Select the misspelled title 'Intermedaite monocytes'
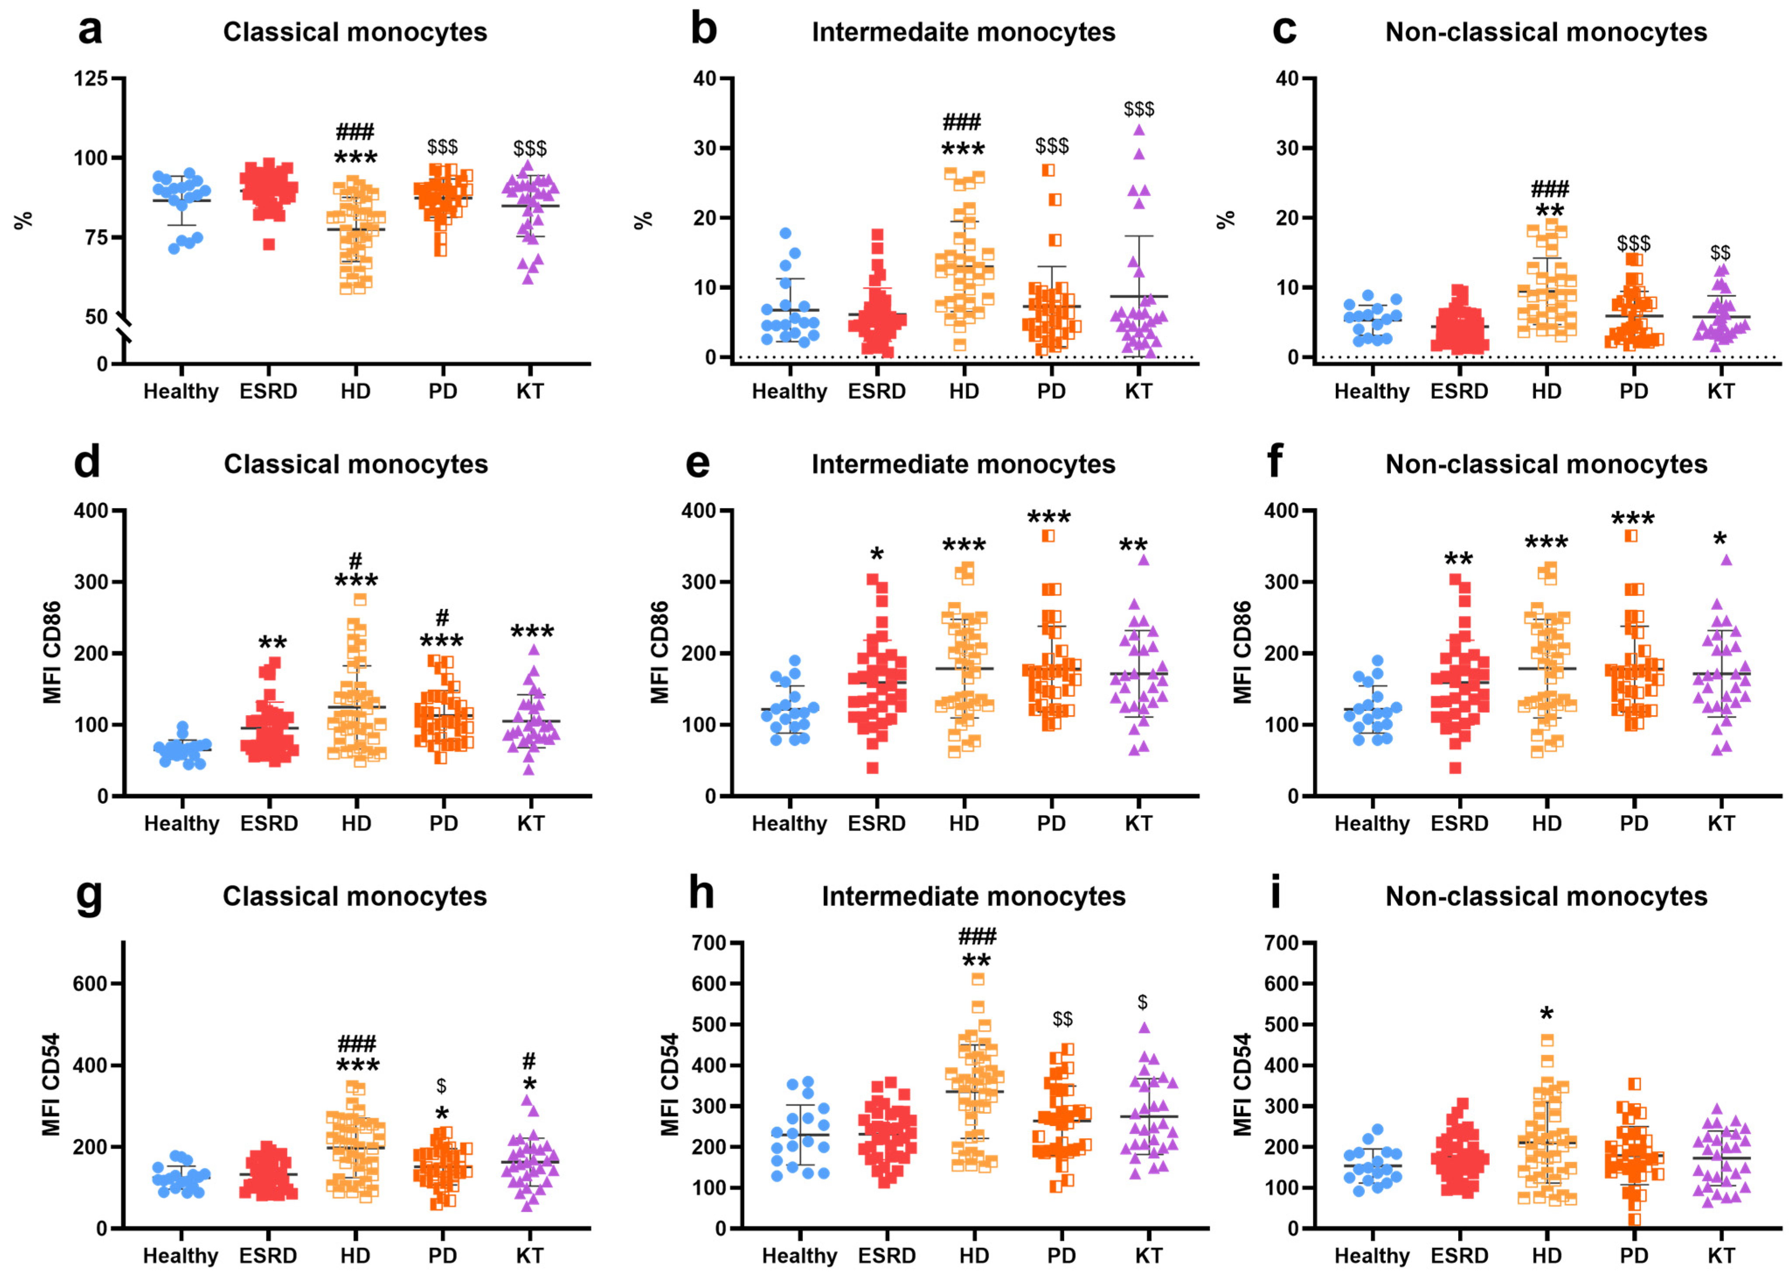963,32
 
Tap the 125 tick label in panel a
90,79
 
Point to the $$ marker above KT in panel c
1720,253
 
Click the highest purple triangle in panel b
1138,130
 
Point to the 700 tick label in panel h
708,943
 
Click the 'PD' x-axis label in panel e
1051,824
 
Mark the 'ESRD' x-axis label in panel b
876,392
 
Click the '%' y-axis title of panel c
1225,219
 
